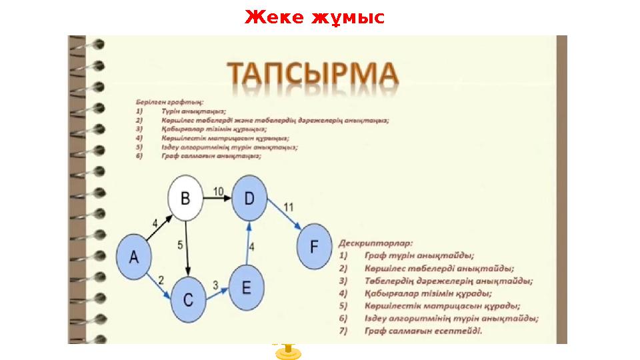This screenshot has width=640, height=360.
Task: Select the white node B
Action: click(185, 198)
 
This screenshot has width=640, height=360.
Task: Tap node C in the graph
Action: click(188, 299)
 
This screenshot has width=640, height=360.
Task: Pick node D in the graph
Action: click(249, 198)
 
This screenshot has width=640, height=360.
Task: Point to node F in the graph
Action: click(314, 247)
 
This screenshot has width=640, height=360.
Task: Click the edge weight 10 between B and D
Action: click(219, 191)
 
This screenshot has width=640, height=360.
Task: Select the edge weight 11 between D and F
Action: click(287, 206)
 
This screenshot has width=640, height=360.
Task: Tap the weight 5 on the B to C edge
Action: click(180, 245)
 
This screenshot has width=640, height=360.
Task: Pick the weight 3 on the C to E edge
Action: click(215, 285)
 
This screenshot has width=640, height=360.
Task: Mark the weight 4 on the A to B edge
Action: click(155, 223)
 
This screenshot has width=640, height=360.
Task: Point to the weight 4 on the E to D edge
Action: click(251, 247)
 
